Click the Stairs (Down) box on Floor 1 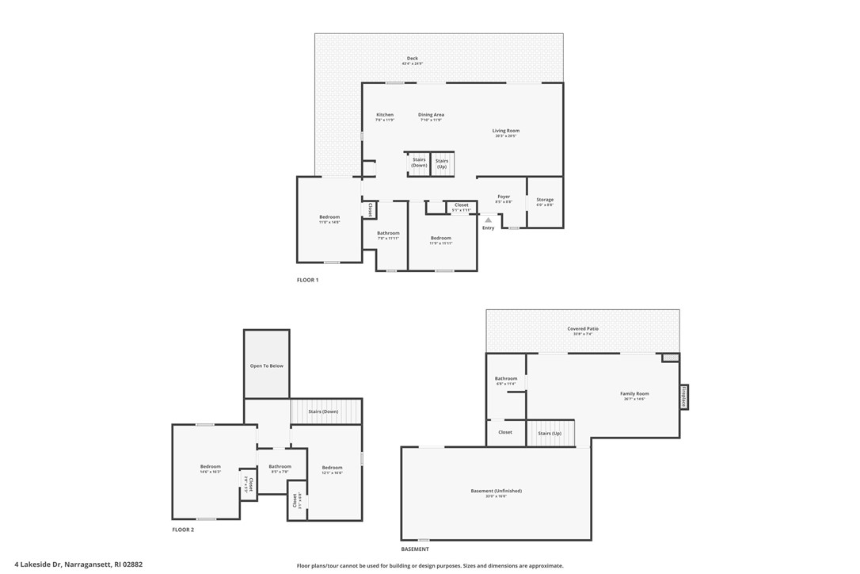click(419, 163)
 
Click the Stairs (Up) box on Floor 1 click(442, 163)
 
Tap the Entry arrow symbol click(489, 220)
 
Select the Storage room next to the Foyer click(545, 202)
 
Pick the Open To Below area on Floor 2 click(267, 365)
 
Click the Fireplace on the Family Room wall click(683, 396)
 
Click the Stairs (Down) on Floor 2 click(324, 411)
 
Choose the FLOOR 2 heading click(183, 530)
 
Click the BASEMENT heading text click(415, 549)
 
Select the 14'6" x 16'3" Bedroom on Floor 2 click(210, 469)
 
